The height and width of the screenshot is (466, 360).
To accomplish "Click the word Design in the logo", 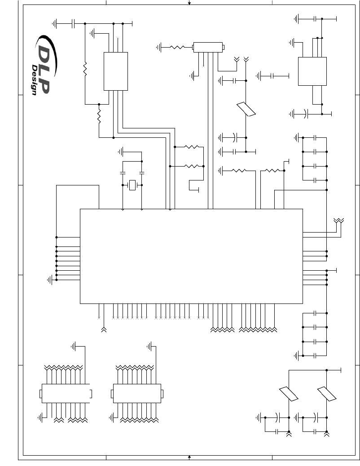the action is pos(35,80).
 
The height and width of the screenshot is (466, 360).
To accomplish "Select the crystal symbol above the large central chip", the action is pos(132,185).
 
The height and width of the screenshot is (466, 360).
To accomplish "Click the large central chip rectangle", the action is pos(191,256).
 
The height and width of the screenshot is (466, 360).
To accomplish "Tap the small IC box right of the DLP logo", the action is pos(116,71).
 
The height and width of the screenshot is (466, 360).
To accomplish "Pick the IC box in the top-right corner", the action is pos(312,71).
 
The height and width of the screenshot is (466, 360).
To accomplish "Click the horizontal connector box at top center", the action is pos(208,47).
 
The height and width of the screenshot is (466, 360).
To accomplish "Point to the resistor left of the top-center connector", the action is pos(177,47).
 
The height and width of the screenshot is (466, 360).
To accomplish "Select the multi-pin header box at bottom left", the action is pos(66,393).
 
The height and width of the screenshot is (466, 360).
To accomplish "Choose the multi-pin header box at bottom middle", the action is pos(137,393).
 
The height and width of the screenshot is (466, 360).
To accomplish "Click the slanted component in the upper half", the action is pos(246,109).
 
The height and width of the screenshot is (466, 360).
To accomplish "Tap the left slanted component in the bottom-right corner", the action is pos(289,394).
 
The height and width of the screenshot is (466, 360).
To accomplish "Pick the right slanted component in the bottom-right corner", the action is pos(327,394).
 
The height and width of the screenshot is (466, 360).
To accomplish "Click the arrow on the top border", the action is pos(189,2).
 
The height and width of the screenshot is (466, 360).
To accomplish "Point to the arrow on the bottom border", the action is pos(189,457).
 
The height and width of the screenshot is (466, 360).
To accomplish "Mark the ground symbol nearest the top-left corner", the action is pos(54,23).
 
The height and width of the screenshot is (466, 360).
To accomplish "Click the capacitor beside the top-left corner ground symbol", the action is pos(74,23).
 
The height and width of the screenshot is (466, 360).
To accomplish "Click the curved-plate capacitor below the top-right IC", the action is pos(306,114).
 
